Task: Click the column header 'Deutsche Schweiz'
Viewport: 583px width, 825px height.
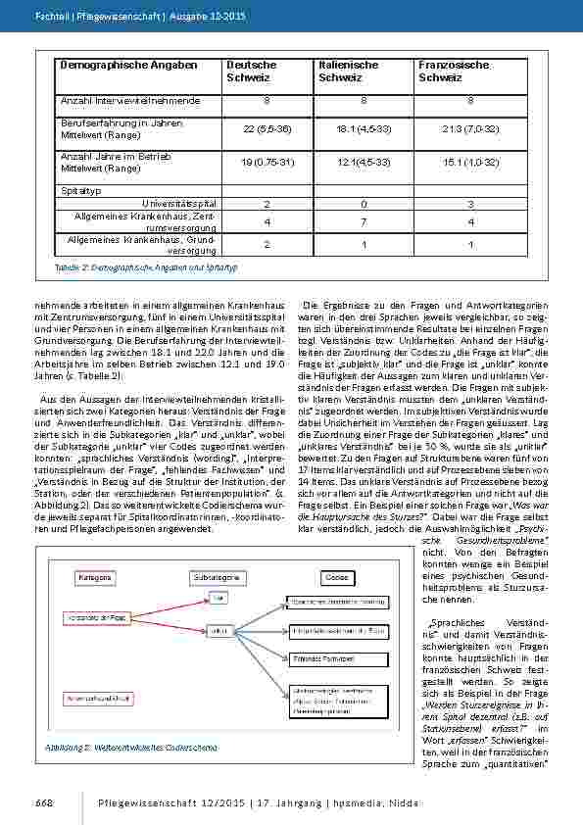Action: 252,71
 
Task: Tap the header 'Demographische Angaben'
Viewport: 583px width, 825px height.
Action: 115,65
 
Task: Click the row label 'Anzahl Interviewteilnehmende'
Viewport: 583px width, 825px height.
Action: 130,100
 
